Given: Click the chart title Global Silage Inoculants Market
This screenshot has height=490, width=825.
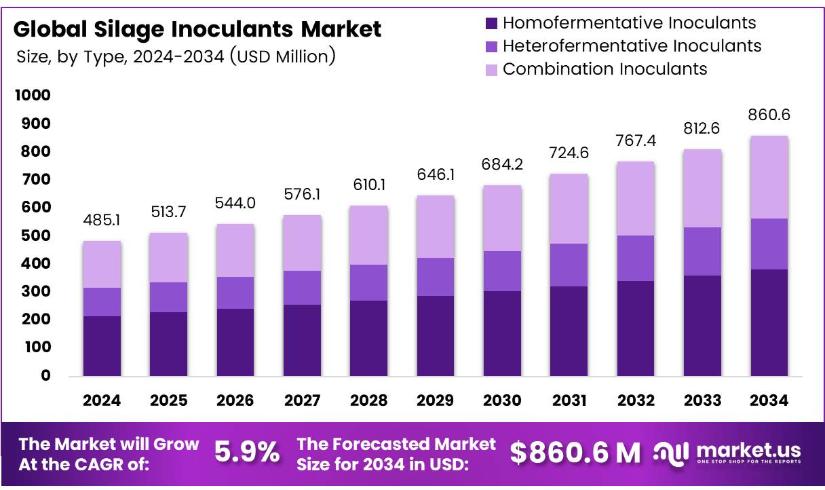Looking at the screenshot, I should click(x=197, y=29).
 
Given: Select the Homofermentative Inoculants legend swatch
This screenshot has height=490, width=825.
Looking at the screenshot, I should click(x=492, y=23).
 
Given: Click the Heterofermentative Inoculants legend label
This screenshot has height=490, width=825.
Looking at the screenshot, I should click(x=632, y=46).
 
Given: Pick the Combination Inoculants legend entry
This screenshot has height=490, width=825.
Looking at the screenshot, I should click(x=605, y=69).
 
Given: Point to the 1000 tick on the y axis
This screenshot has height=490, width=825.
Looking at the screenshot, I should click(x=33, y=96).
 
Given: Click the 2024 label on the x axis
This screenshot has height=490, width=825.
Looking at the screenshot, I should click(x=102, y=401).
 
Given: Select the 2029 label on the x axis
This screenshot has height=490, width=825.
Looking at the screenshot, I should click(x=436, y=401).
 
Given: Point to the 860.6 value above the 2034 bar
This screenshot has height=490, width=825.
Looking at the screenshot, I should click(x=769, y=116).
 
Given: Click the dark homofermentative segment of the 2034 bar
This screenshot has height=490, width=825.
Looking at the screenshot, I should click(x=769, y=322).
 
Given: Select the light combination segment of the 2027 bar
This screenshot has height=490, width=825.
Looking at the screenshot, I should click(x=302, y=243).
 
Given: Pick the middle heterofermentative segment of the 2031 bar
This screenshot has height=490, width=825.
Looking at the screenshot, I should click(x=569, y=265).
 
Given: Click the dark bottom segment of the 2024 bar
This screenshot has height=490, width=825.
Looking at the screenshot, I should click(x=102, y=346).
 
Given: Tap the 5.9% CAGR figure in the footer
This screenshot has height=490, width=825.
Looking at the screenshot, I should click(x=247, y=453).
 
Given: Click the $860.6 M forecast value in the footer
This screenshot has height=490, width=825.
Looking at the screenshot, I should click(x=575, y=453).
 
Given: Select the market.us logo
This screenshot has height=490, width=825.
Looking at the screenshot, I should click(x=727, y=453).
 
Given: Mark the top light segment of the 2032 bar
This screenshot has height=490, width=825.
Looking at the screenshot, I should click(x=636, y=198).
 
